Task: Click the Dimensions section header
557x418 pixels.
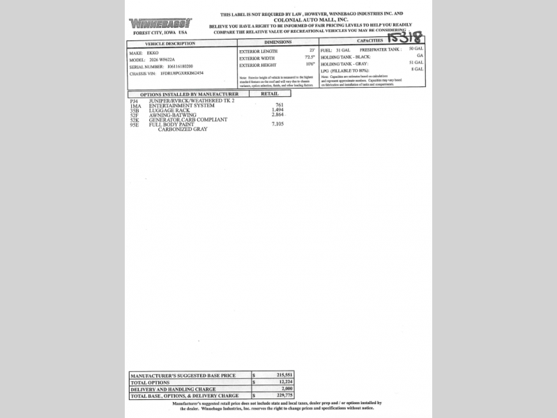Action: tap(277, 42)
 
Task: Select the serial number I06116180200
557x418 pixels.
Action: tap(174, 66)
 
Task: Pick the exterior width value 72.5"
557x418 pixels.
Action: tap(310, 56)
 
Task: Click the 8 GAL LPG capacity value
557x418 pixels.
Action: tap(418, 70)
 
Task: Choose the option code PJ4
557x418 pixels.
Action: tap(134, 100)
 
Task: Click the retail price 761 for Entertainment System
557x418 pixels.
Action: tap(279, 104)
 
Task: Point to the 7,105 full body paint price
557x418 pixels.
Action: tap(277, 123)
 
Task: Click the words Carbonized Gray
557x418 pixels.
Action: tap(183, 129)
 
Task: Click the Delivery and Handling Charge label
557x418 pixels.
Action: tap(172, 389)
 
